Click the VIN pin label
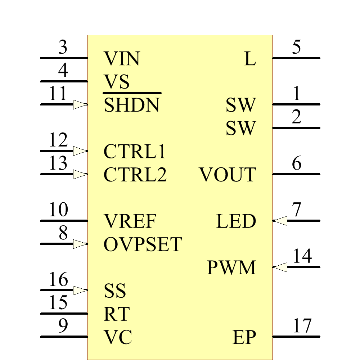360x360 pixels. point(122,58)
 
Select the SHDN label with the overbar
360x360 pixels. point(131,105)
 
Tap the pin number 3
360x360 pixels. point(63,48)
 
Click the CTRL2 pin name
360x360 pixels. point(135,175)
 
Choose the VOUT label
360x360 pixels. point(228,175)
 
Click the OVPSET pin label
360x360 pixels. point(143,245)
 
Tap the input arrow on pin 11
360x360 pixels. point(80,105)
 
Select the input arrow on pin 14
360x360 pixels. point(280,267)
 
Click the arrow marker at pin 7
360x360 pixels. point(280,221)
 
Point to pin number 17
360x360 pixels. point(302,326)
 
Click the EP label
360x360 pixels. point(244,337)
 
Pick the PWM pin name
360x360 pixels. point(231,268)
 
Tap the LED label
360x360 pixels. point(236,221)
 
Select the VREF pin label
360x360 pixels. point(130,221)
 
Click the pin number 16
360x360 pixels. point(58,280)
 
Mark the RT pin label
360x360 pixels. point(116,314)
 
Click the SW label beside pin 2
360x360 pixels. point(241,129)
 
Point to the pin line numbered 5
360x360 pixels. point(296,58)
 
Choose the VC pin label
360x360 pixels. point(118,337)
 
